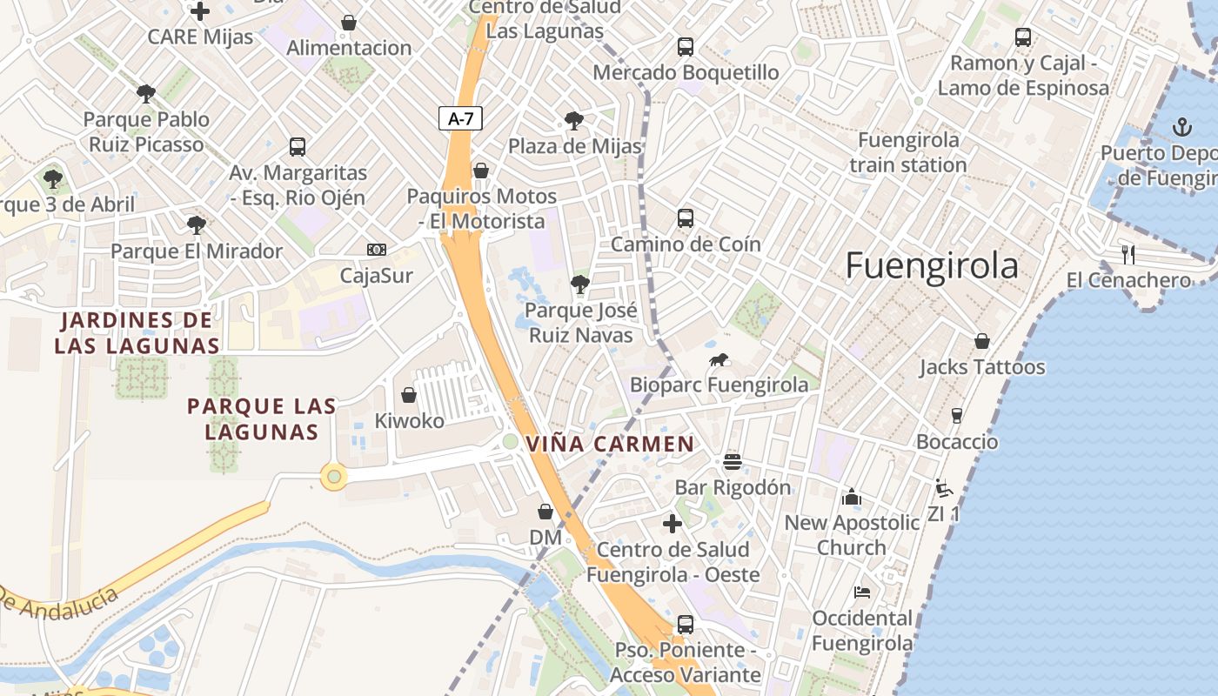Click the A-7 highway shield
(x=459, y=118)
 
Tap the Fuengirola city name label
(x=932, y=265)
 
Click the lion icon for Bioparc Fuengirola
(x=719, y=359)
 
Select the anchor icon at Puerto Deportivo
(x=1181, y=127)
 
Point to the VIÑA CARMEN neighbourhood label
(x=610, y=445)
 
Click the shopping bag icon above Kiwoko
(x=408, y=395)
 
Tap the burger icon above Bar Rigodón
(x=733, y=461)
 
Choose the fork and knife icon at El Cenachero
(x=1128, y=254)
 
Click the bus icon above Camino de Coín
(x=686, y=218)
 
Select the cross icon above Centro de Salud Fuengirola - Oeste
(x=672, y=524)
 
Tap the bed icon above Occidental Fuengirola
(x=861, y=592)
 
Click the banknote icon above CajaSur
(x=376, y=251)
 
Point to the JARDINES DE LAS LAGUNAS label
(x=137, y=333)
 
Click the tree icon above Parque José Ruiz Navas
(x=579, y=284)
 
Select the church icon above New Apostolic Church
(x=851, y=497)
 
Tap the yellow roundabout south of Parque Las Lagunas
(x=333, y=476)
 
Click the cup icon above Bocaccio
(x=957, y=415)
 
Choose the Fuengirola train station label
(x=908, y=152)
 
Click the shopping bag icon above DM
(x=545, y=512)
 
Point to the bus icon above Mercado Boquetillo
(x=686, y=46)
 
